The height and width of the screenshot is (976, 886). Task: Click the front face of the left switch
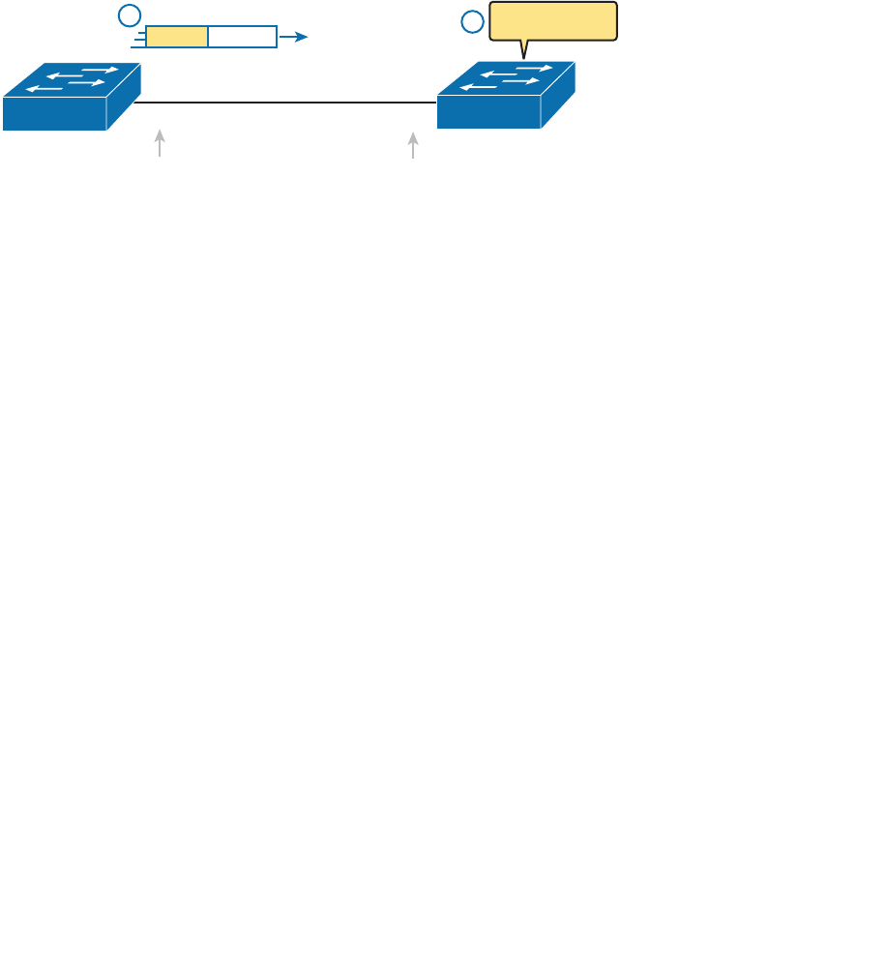[54, 113]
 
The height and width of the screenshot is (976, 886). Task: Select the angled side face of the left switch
[125, 99]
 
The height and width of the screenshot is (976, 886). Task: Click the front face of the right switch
[488, 112]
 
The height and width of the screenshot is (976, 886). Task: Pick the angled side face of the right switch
[559, 97]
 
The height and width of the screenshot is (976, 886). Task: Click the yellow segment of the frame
[177, 37]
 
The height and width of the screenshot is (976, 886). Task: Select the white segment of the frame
[242, 37]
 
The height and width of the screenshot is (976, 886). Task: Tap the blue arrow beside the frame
[294, 37]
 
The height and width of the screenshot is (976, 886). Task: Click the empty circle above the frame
[129, 15]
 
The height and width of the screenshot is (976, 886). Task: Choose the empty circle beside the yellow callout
[472, 21]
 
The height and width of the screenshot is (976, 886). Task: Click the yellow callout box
[553, 20]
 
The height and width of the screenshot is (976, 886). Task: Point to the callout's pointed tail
[524, 49]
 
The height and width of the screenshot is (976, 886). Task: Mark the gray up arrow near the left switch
[160, 143]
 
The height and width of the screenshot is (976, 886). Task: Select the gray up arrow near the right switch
[413, 145]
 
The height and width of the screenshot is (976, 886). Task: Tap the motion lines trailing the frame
[139, 38]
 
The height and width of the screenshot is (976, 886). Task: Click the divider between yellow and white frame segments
[208, 37]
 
